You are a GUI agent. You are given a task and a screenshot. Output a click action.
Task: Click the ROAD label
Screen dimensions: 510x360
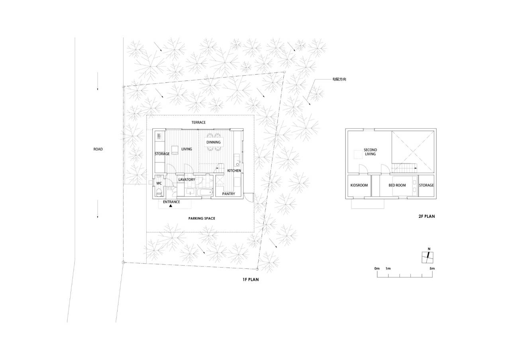(x=98, y=149)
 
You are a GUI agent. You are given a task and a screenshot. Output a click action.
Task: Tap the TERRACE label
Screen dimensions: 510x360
(x=198, y=122)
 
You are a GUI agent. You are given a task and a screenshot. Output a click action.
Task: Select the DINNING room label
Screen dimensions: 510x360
(x=214, y=142)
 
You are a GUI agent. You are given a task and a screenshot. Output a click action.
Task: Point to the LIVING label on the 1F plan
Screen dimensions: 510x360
(x=187, y=149)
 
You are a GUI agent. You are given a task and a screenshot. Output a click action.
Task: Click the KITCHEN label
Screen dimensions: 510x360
(x=234, y=171)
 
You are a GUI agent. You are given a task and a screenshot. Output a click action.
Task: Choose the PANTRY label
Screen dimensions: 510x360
(x=229, y=194)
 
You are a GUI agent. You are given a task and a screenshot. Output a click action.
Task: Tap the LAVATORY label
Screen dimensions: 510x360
(x=187, y=180)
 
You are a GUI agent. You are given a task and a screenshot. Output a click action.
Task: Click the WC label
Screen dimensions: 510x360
(x=159, y=184)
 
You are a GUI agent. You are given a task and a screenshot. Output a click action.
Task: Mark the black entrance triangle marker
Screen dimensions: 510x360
(x=171, y=206)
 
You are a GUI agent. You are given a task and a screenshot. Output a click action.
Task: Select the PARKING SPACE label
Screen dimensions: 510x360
(x=202, y=219)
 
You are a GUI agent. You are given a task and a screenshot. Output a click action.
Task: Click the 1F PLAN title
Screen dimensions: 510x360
(x=251, y=280)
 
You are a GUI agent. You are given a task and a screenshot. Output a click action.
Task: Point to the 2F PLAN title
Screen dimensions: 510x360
(x=427, y=216)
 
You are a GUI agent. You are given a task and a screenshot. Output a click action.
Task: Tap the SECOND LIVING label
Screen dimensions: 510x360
(x=370, y=152)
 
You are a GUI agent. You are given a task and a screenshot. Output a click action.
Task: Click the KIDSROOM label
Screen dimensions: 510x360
(x=359, y=186)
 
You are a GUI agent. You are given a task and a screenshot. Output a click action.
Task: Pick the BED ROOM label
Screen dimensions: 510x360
(x=397, y=186)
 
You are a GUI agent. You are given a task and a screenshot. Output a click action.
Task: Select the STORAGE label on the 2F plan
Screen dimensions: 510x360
(x=426, y=186)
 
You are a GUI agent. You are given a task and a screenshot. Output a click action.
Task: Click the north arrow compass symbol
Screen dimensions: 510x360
(x=428, y=257)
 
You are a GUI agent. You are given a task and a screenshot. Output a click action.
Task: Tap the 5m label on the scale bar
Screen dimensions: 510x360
(x=432, y=268)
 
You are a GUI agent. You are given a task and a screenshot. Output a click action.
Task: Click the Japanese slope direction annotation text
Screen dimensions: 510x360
(x=339, y=79)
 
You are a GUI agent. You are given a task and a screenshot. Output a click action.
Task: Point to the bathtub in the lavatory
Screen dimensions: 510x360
(x=205, y=192)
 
